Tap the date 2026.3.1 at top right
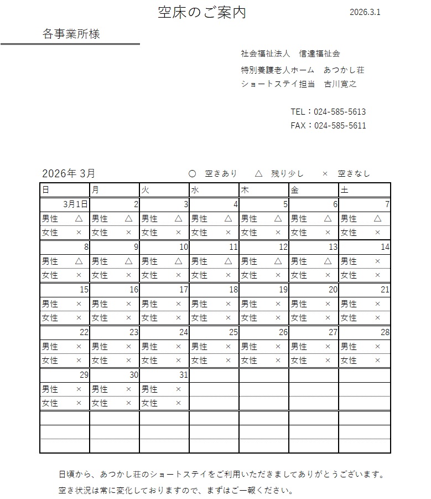[x=365, y=12]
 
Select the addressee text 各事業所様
[x=71, y=34]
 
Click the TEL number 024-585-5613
[x=340, y=112]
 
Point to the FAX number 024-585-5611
[x=340, y=126]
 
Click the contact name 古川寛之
[x=340, y=84]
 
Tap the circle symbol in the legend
[x=193, y=173]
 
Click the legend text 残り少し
[x=287, y=173]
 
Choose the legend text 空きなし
[x=354, y=173]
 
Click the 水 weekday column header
[x=195, y=190]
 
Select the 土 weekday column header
[x=344, y=190]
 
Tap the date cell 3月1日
[x=75, y=204]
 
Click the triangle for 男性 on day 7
[x=378, y=219]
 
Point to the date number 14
[x=385, y=247]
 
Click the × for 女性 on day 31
[x=178, y=403]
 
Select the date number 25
[x=233, y=332]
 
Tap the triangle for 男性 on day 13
[x=328, y=261]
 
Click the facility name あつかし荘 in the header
[x=344, y=70]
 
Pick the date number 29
[x=84, y=375]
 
